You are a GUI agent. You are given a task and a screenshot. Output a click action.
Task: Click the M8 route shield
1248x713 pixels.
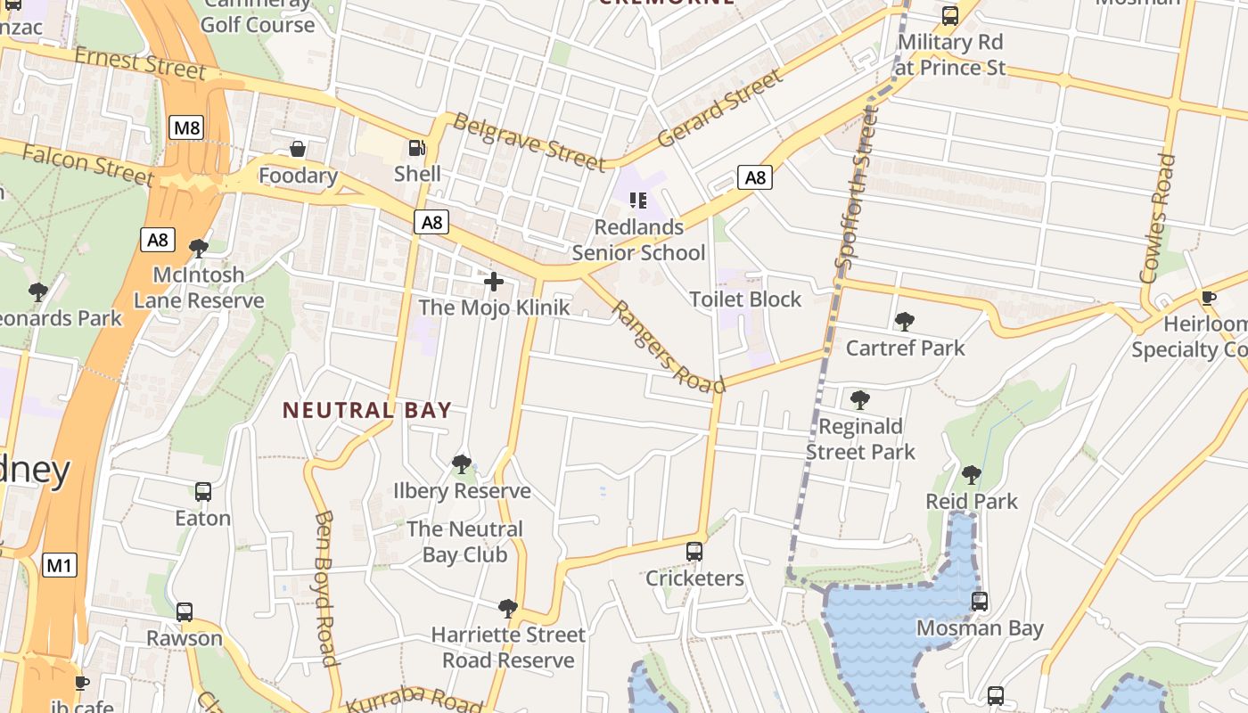coord(187,127)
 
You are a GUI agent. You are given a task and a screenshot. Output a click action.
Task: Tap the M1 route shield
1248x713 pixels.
coord(60,565)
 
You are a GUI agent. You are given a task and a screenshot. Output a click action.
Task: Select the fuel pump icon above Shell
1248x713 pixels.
coord(416,148)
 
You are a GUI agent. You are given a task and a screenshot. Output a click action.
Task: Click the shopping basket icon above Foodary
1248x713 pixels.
coord(298,149)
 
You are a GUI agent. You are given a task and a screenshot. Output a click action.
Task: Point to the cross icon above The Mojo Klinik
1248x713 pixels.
coord(493,283)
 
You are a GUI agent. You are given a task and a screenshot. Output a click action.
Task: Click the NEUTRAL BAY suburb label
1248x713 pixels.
coord(367,410)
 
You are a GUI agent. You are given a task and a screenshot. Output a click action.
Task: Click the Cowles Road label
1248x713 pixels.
coord(1158,218)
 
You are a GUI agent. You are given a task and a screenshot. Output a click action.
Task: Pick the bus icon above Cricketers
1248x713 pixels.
coord(694,552)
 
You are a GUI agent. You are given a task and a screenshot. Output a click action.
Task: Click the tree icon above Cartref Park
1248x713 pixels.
coord(905,321)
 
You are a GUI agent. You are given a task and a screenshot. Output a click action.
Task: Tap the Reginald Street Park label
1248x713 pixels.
coord(860,438)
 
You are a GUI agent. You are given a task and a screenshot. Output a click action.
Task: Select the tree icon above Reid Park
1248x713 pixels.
coord(972,475)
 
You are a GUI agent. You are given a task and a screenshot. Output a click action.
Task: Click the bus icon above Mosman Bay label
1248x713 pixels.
coord(980,602)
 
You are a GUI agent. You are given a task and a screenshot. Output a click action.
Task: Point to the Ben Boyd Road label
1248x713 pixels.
coord(325,588)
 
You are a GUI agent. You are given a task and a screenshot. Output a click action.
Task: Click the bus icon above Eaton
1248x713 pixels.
coord(203,492)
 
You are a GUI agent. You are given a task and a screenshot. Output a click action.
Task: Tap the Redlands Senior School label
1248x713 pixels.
coord(638,240)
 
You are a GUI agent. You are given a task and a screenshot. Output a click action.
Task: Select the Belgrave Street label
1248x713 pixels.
coord(529,140)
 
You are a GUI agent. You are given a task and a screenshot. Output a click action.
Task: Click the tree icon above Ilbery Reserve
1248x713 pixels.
coord(461,463)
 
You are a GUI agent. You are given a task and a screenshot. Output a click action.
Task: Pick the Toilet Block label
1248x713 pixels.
coord(745,299)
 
